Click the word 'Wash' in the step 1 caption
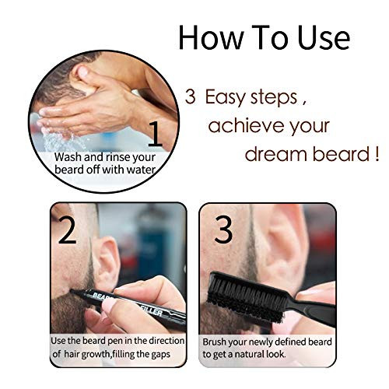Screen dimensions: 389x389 68,156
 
